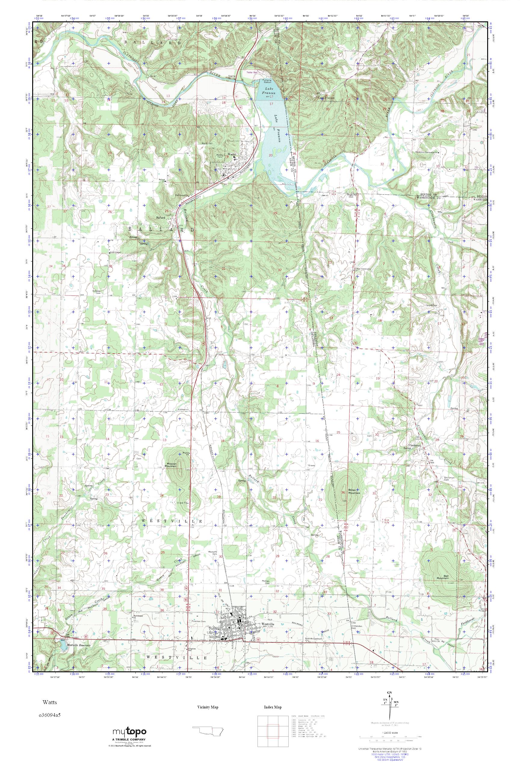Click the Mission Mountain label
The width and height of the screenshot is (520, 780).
(x=176, y=465)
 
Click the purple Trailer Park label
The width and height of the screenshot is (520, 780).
(x=252, y=72)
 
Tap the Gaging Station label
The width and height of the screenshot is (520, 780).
(x=231, y=77)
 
